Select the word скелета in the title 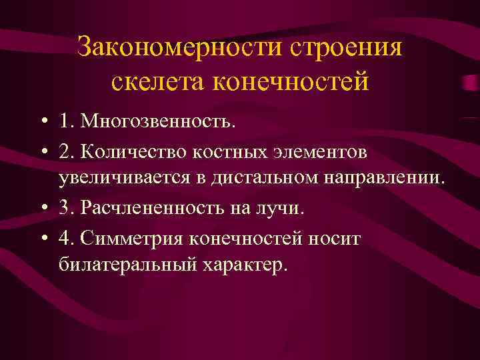[x=154, y=82]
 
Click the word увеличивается [x=133, y=179]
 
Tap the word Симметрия [x=134, y=237]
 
